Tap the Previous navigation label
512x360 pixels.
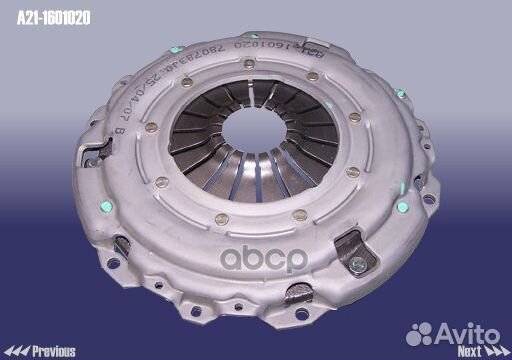54,351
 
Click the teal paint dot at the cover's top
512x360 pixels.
174,49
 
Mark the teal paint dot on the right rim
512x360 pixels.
402,207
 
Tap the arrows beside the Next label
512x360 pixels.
496,351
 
